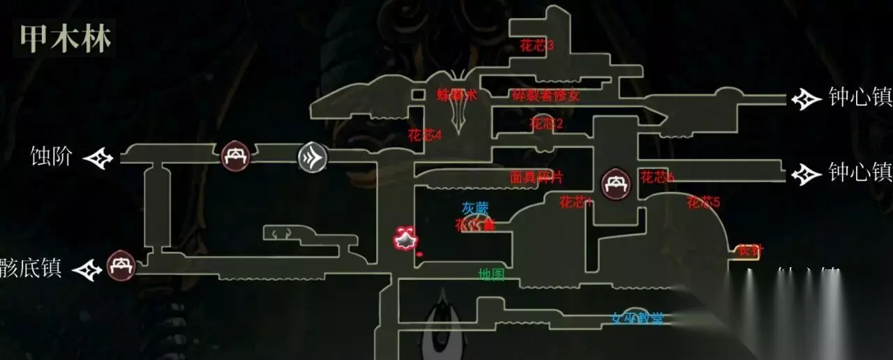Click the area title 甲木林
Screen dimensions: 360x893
(64, 39)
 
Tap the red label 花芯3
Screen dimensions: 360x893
(536, 45)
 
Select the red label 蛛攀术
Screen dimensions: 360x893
(456, 96)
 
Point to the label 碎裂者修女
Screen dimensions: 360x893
(546, 96)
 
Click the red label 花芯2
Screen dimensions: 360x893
(546, 124)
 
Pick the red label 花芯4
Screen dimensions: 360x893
(425, 135)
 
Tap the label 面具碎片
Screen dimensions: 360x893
(536, 178)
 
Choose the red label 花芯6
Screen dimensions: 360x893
(657, 178)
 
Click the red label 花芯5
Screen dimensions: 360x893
(703, 203)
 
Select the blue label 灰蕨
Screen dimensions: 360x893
(475, 208)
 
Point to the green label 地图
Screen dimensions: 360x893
(491, 275)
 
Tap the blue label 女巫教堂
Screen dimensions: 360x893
(637, 319)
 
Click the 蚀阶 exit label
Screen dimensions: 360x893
(51, 156)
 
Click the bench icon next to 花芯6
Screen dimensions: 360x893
(617, 184)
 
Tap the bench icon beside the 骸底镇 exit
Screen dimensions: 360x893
(121, 267)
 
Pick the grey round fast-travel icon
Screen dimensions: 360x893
(313, 157)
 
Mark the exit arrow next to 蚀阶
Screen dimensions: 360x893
(98, 158)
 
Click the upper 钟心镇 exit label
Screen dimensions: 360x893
(860, 98)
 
